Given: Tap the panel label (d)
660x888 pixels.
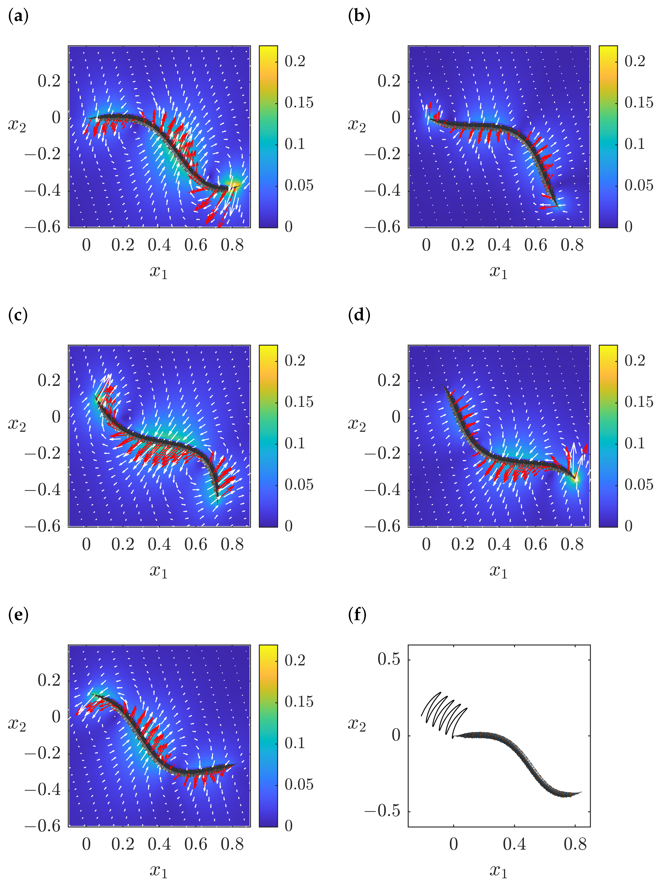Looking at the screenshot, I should click(x=359, y=315).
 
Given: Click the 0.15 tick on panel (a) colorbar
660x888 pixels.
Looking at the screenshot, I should click(x=299, y=103).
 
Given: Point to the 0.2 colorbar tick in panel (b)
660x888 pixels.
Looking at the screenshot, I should click(x=635, y=61).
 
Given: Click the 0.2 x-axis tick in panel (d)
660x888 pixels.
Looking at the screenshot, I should click(x=463, y=544).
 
